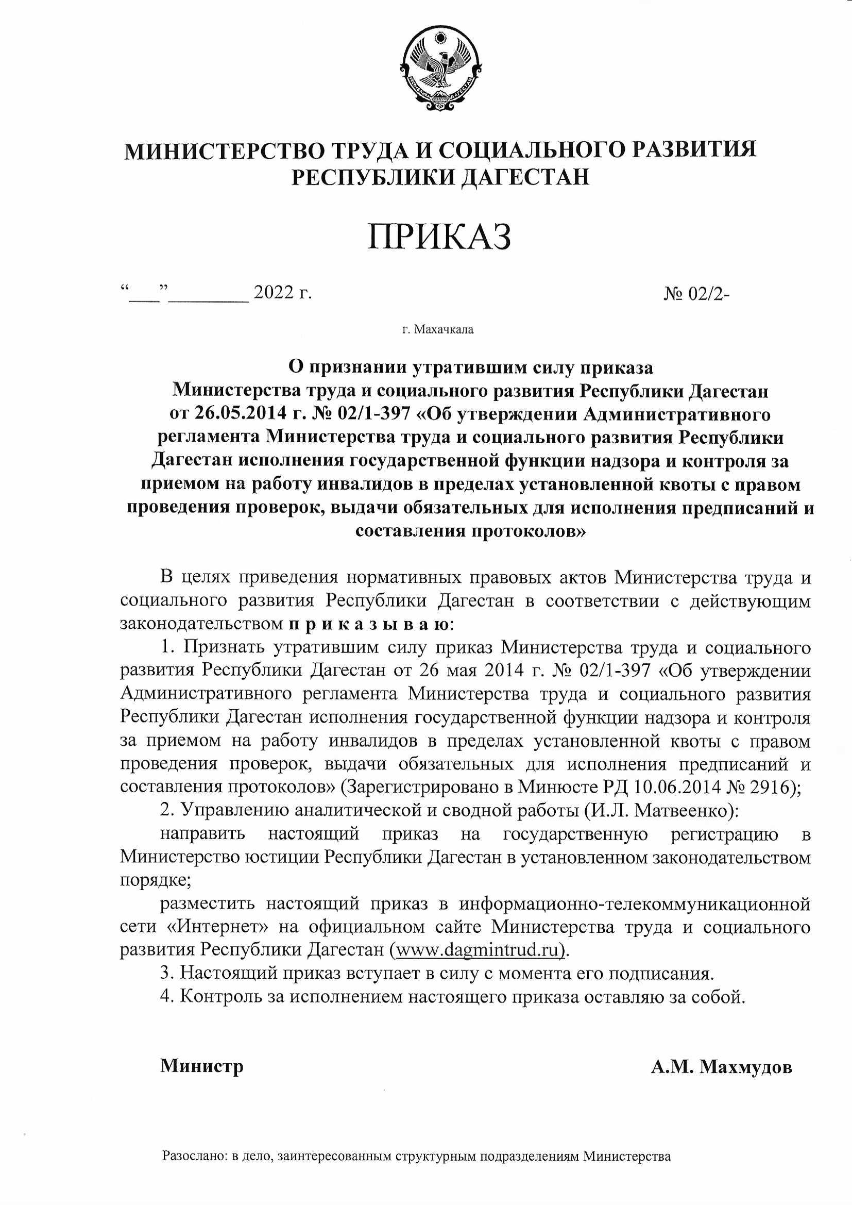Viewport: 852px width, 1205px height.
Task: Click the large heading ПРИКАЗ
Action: point(439,237)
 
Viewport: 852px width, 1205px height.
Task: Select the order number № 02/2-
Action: point(697,294)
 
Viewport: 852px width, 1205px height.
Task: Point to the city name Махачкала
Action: point(444,329)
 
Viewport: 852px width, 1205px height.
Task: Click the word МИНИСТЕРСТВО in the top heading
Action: point(223,151)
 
